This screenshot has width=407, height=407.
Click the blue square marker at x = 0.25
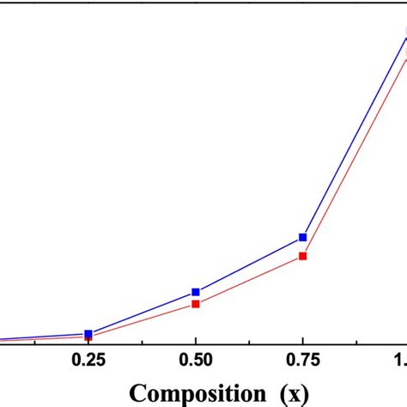88,334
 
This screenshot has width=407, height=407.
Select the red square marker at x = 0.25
88,338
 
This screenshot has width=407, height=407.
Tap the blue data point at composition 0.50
196,292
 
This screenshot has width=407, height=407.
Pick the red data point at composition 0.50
196,303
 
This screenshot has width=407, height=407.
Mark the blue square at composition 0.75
303,237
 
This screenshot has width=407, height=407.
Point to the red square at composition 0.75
303,255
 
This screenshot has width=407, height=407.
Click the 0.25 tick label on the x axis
88,361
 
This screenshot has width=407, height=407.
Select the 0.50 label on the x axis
196,361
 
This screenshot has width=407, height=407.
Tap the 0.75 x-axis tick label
303,361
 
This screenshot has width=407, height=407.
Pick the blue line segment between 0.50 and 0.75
249,264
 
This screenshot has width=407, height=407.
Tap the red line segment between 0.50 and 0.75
249,279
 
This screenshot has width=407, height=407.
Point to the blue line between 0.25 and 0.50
142,313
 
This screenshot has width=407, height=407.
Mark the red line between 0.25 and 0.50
142,321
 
